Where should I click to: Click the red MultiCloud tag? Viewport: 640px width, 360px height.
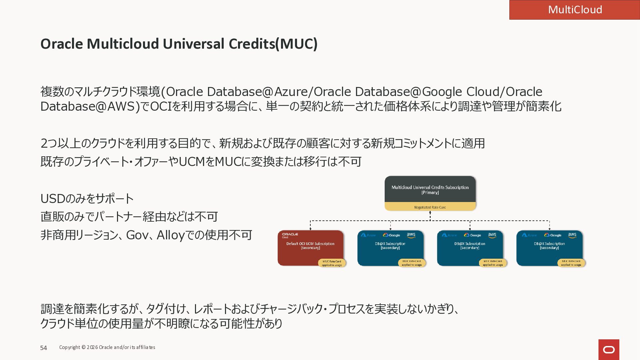[575, 10]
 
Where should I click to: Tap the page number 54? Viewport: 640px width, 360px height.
[44, 348]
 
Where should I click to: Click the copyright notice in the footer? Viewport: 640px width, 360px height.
[107, 347]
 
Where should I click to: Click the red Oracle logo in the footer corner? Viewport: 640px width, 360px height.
[609, 350]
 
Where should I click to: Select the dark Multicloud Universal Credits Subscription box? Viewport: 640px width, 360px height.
[430, 189]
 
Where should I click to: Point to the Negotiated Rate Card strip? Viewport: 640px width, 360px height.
[430, 207]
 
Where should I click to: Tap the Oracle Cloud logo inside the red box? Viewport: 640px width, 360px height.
[290, 235]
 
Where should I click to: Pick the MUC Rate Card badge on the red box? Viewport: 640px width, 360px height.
[332, 263]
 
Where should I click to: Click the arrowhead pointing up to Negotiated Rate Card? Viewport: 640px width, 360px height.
[430, 213]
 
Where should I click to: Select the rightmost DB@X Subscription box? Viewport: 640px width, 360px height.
[549, 247]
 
